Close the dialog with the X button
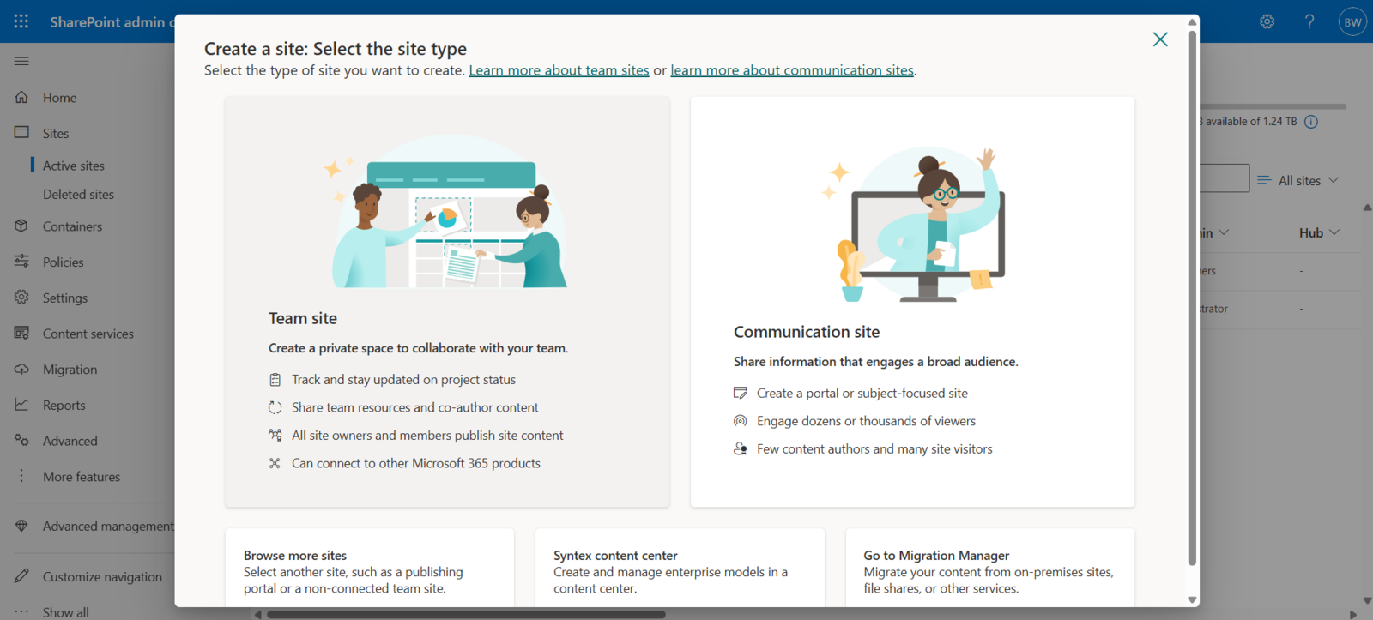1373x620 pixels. (x=1160, y=39)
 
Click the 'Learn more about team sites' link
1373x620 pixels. (x=559, y=70)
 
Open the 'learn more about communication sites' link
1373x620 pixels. (x=791, y=70)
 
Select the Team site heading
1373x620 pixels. (x=303, y=318)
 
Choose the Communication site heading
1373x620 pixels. (x=806, y=332)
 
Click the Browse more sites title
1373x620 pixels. (x=295, y=556)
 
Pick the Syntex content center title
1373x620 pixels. (x=615, y=556)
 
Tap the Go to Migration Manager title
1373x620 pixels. (x=936, y=556)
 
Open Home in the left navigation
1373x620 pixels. (x=59, y=98)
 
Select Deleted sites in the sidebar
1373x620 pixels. (x=78, y=195)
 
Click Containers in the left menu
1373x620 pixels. (x=72, y=226)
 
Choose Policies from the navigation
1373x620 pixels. (x=64, y=262)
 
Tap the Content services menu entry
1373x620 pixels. (x=88, y=334)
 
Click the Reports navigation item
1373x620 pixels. (x=64, y=406)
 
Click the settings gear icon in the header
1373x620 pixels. (x=1267, y=21)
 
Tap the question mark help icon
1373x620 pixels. (x=1309, y=21)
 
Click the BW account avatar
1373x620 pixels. (x=1352, y=22)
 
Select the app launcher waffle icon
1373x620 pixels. (x=21, y=21)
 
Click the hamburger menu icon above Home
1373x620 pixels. (x=21, y=61)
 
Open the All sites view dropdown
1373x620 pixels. (x=1298, y=180)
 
